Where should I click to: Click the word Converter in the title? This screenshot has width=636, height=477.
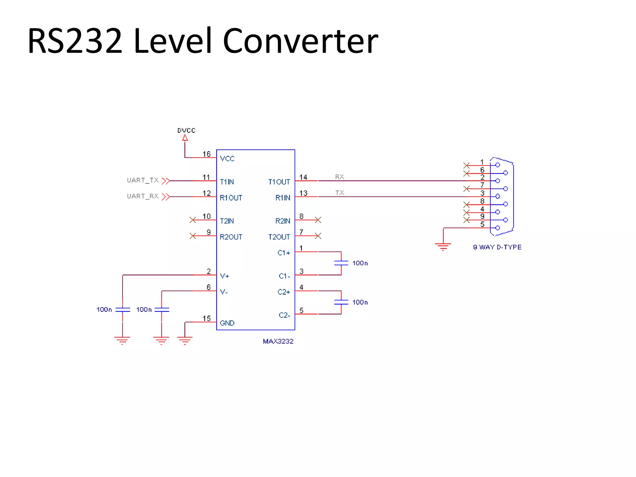point(300,41)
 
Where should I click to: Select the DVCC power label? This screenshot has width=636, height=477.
point(186,130)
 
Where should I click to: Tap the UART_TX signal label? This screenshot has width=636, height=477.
point(143,180)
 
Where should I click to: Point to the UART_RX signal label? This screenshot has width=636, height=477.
point(143,196)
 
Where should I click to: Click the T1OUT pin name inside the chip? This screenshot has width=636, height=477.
point(279,182)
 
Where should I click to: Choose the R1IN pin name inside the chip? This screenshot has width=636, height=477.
point(283,198)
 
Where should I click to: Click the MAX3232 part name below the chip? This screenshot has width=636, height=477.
point(278,341)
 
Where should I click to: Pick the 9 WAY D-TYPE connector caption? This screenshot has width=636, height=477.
point(497,247)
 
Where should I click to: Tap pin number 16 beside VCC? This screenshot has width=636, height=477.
point(207,154)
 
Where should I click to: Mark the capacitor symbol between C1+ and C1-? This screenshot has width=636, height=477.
point(341,263)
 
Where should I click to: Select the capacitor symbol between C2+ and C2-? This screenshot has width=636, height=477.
point(341,302)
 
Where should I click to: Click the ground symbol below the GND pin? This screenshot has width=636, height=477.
point(185,340)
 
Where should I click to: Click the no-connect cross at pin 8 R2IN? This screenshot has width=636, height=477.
point(318,220)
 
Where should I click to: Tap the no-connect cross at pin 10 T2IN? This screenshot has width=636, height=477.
point(193,220)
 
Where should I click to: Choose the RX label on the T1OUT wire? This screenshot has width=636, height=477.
point(339,177)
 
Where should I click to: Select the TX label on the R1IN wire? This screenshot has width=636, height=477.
point(339,193)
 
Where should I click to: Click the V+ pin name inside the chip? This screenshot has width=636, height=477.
point(225,276)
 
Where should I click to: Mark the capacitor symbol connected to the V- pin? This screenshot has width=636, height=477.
point(161,310)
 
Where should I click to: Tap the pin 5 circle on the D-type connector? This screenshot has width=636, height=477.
point(497,228)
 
